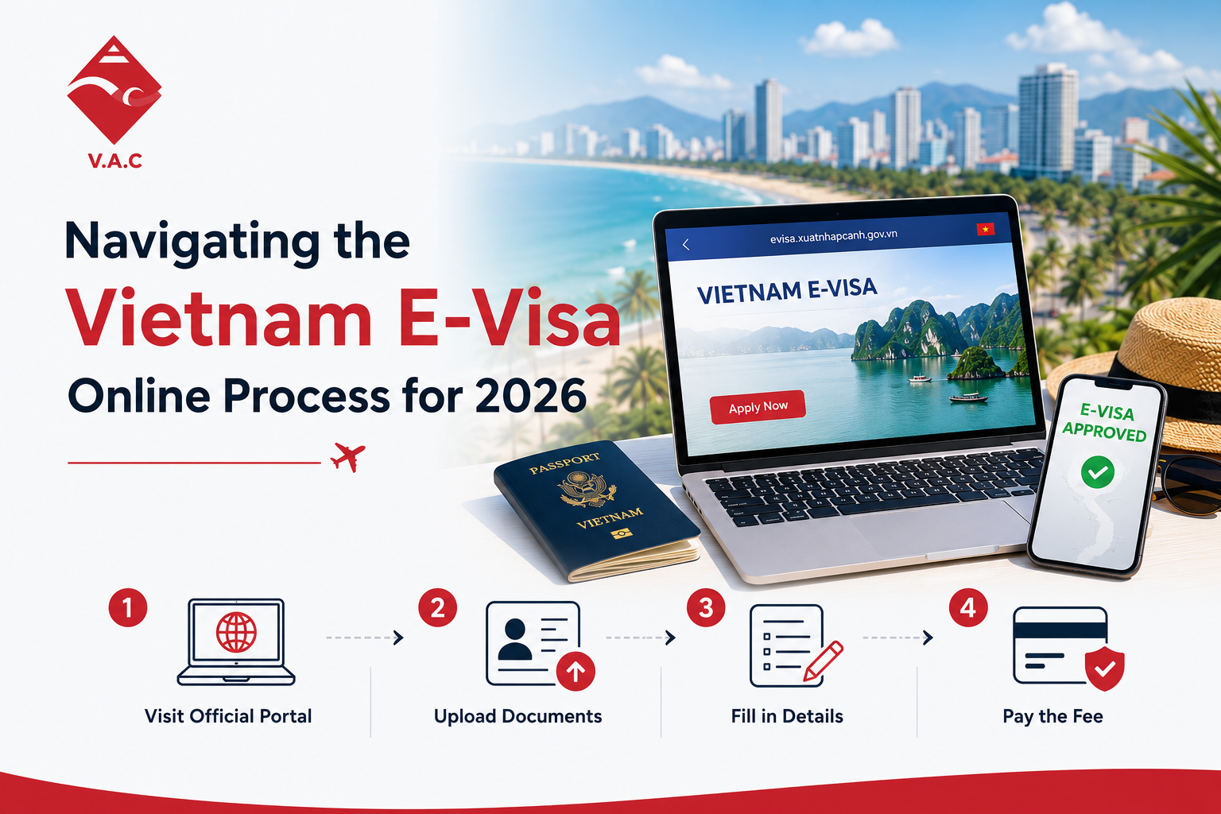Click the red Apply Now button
(x=758, y=407)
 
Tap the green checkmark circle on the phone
(x=1097, y=471)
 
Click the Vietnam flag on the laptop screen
(x=986, y=229)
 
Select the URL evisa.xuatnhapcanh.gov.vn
(x=833, y=236)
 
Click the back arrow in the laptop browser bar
(x=686, y=245)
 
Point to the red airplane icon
(x=347, y=456)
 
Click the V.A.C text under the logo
(x=115, y=161)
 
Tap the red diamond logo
(x=114, y=90)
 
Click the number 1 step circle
(x=127, y=607)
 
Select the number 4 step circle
(x=967, y=607)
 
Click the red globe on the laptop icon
(x=236, y=633)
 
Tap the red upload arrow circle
(x=576, y=671)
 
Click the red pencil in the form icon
(x=823, y=661)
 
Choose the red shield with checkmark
(x=1104, y=669)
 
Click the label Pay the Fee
(x=1052, y=716)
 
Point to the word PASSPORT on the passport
(x=564, y=463)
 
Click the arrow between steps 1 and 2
(x=365, y=638)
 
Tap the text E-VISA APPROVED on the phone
(x=1105, y=422)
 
